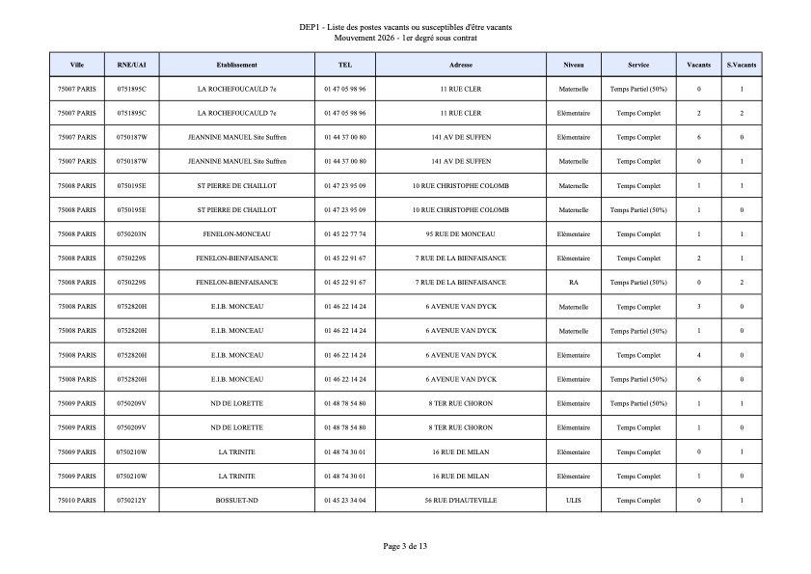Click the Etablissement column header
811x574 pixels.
(236, 65)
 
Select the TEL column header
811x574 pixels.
(345, 65)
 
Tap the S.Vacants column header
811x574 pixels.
(742, 65)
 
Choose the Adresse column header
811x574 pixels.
(460, 65)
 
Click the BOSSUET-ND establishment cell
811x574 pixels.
(236, 500)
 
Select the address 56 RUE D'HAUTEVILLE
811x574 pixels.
(460, 500)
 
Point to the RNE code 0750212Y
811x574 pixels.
(131, 500)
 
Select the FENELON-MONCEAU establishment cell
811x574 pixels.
(236, 234)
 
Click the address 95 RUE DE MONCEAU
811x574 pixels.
(460, 234)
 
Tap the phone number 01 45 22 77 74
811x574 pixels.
(345, 234)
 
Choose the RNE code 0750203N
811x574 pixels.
(131, 234)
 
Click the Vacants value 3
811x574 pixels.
(699, 307)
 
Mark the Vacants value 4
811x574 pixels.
(699, 355)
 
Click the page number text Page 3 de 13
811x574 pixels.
(405, 546)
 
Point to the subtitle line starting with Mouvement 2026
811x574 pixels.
(405, 38)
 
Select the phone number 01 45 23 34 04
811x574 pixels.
(345, 500)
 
